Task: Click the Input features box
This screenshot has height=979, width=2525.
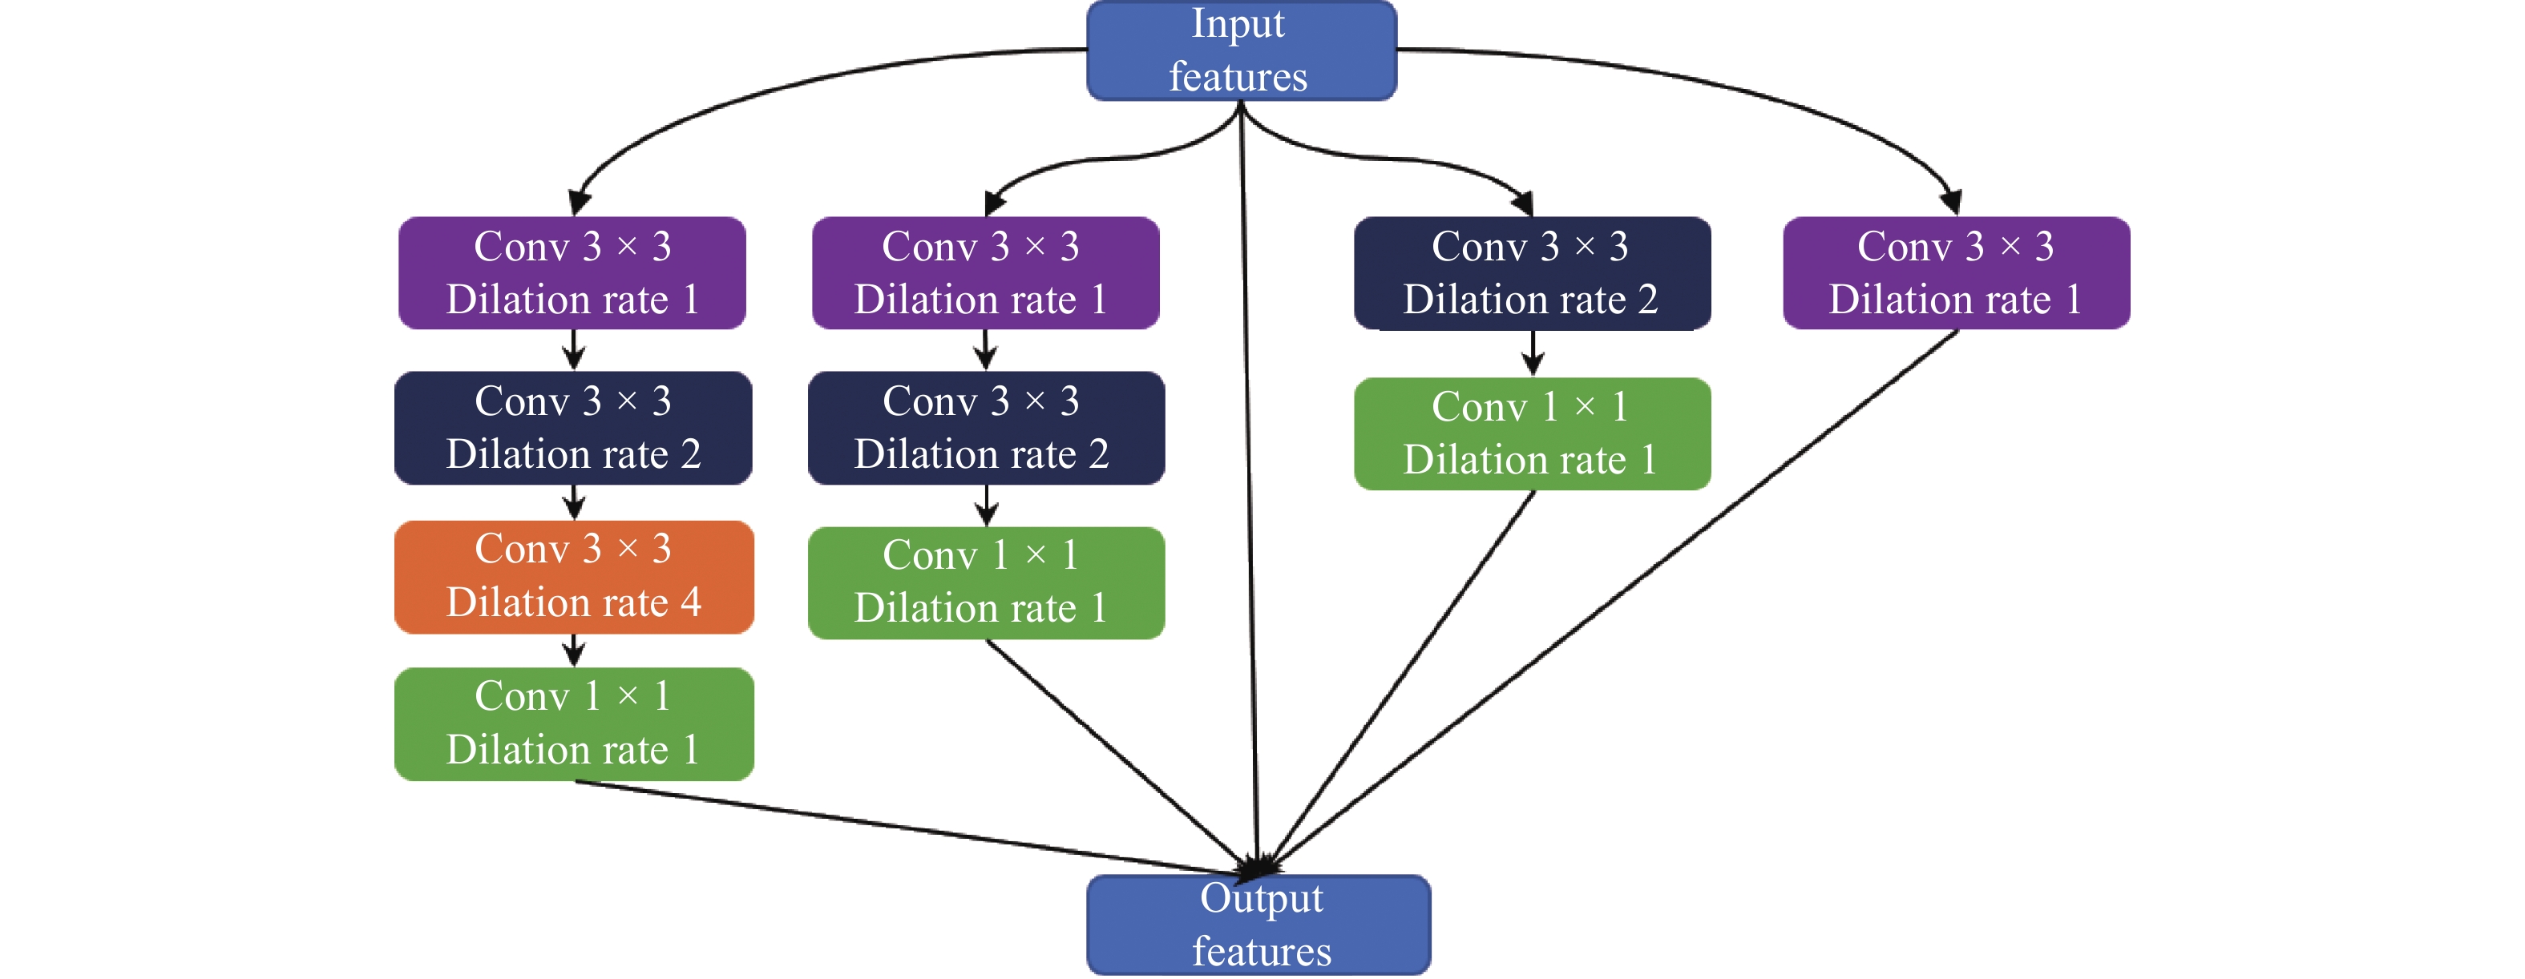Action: point(1241,51)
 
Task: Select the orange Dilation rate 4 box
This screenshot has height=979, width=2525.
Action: point(573,577)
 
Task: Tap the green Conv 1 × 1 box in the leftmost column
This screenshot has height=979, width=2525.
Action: point(573,724)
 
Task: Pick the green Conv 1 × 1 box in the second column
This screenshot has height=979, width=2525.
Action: point(985,583)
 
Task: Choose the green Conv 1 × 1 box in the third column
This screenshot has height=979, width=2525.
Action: point(1531,433)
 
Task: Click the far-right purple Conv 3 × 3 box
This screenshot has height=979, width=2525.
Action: point(1956,272)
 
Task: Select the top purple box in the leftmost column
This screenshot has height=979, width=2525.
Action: point(572,272)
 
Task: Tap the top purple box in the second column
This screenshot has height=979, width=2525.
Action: point(985,272)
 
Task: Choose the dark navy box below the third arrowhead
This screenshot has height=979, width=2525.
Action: point(1531,272)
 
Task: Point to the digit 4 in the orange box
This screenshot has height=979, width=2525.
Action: point(691,602)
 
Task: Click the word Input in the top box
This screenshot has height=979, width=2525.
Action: point(1237,23)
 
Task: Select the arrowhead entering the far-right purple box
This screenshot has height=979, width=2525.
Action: point(1950,202)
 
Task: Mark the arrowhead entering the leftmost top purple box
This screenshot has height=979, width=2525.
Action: point(580,202)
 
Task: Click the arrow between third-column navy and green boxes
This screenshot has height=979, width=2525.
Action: point(1533,353)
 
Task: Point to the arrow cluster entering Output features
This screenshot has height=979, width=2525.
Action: point(1258,865)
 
